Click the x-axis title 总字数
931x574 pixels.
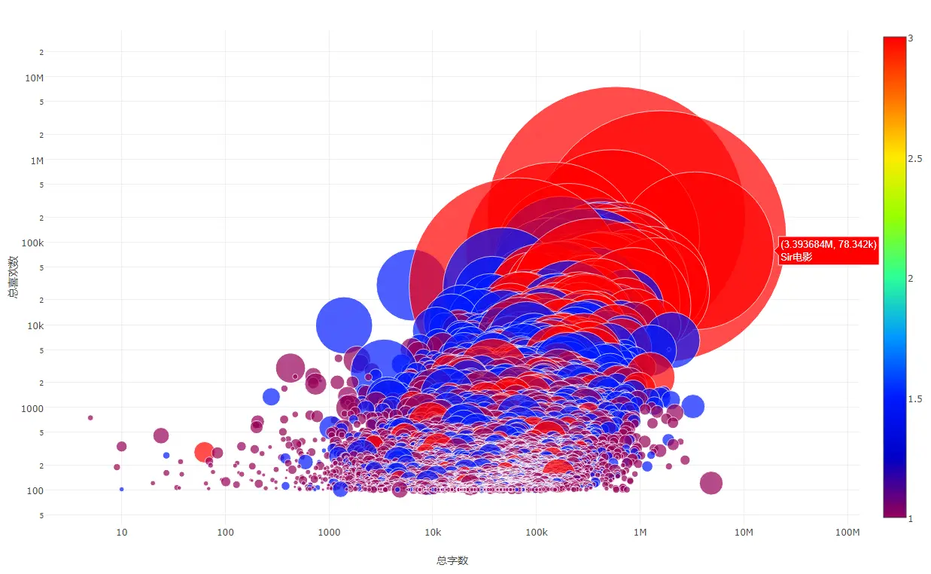click(x=452, y=560)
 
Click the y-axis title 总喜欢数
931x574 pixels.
click(x=14, y=277)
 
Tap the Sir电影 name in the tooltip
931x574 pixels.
click(x=796, y=258)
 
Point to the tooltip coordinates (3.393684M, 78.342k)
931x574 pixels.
click(x=828, y=245)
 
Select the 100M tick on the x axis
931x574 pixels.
click(x=847, y=533)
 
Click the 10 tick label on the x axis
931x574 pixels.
click(x=121, y=533)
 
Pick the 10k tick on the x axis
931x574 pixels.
click(x=433, y=533)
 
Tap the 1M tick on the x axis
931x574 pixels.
click(x=640, y=533)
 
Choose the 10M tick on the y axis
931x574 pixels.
click(x=35, y=78)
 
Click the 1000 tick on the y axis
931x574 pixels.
click(x=34, y=408)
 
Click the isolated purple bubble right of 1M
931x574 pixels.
click(x=710, y=483)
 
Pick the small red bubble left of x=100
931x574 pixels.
click(x=204, y=452)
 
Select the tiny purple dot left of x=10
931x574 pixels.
click(x=90, y=417)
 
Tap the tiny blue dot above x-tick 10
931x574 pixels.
click(x=121, y=490)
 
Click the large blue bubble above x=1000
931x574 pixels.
click(x=344, y=325)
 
